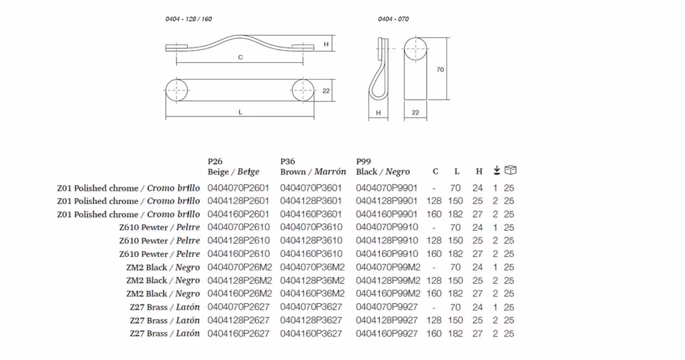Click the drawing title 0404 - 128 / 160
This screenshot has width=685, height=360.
(189, 19)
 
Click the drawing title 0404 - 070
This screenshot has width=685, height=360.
(393, 19)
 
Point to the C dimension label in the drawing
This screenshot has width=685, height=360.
(240, 58)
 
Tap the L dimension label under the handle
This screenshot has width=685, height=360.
(240, 112)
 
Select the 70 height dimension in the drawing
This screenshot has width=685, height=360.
(440, 70)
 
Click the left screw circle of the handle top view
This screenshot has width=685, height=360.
(177, 90)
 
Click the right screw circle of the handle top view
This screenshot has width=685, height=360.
(303, 90)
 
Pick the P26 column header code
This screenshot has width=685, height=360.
(215, 161)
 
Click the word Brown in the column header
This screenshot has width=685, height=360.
(293, 172)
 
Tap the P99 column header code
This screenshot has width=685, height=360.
(363, 161)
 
